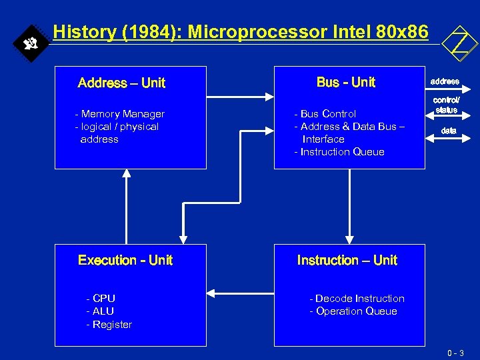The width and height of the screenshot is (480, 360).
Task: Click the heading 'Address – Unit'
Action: click(x=121, y=83)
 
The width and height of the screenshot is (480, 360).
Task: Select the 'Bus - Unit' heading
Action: click(x=346, y=83)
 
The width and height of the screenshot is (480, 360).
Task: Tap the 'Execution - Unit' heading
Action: click(x=125, y=260)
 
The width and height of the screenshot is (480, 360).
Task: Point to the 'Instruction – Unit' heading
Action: click(x=347, y=260)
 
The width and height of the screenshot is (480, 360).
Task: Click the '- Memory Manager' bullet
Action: click(x=119, y=114)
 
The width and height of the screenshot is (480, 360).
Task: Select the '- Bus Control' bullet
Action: click(x=325, y=114)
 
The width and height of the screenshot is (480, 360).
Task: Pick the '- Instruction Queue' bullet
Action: click(x=339, y=152)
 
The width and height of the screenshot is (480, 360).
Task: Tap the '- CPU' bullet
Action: click(x=101, y=299)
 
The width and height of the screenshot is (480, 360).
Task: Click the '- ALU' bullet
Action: click(x=100, y=311)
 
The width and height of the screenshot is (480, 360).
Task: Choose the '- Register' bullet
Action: click(x=109, y=325)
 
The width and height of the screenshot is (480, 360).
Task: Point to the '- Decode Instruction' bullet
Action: click(x=357, y=299)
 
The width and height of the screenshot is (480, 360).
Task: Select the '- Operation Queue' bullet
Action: click(x=353, y=311)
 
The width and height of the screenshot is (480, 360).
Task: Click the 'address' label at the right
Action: click(x=445, y=81)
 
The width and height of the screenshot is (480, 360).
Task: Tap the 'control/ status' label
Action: click(x=447, y=105)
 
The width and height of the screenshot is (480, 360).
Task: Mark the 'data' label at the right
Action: click(x=449, y=131)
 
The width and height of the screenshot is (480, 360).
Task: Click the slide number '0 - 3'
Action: click(x=457, y=353)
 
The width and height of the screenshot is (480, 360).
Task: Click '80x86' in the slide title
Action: click(x=404, y=31)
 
